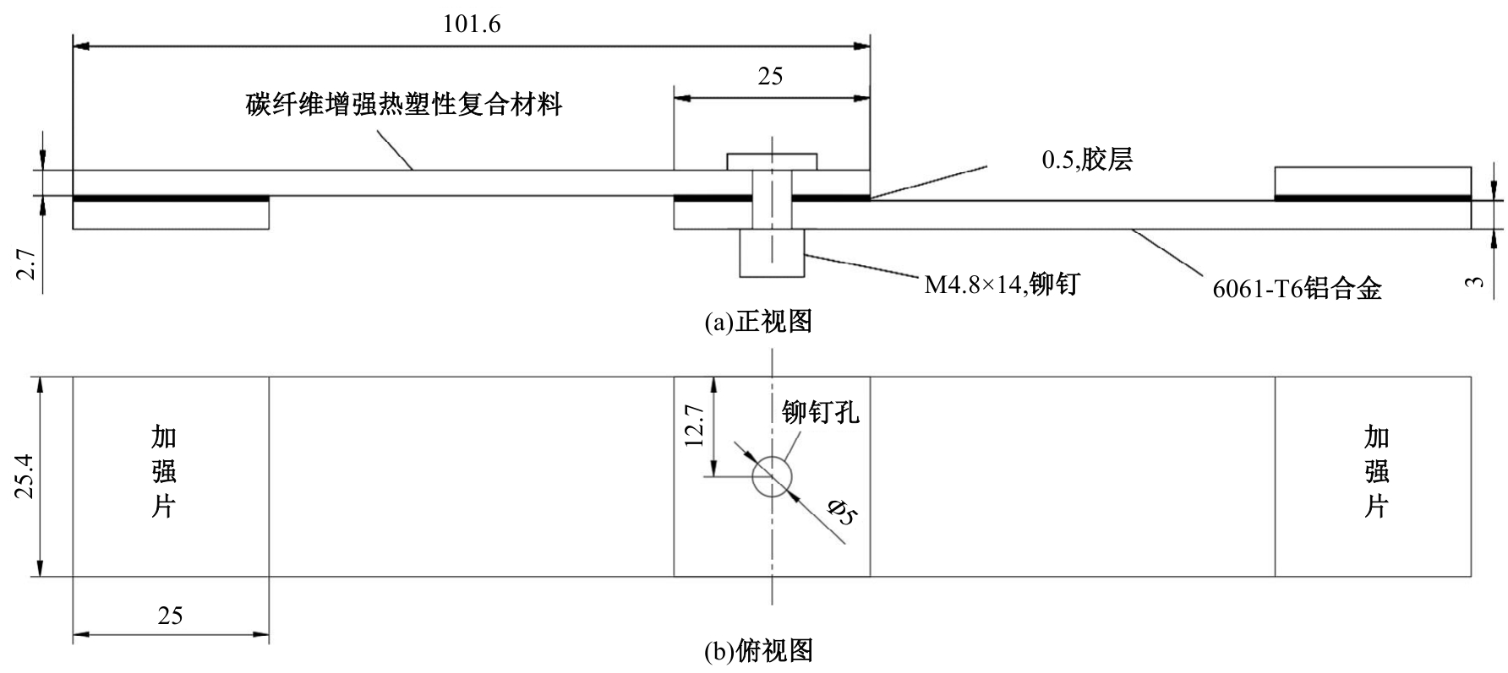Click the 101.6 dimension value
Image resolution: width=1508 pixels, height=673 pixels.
tap(472, 24)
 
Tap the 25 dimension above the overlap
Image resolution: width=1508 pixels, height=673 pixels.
tap(770, 77)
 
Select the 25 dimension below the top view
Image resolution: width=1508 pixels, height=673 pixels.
tap(170, 616)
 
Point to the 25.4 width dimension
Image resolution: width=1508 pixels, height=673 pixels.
tap(25, 476)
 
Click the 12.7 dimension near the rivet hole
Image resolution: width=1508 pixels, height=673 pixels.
tap(694, 425)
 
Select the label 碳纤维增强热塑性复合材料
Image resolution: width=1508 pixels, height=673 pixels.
tap(404, 105)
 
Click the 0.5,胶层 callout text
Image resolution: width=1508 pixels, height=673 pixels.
tap(1086, 160)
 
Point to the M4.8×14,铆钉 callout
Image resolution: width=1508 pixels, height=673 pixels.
tap(1001, 285)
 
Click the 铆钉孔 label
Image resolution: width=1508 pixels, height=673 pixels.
tap(820, 412)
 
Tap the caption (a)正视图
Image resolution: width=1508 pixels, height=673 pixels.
tap(758, 322)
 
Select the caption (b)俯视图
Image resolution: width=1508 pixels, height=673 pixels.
tap(758, 651)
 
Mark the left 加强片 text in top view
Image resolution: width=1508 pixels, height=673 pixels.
tap(163, 471)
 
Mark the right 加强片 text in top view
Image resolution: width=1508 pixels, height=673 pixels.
tap(1376, 471)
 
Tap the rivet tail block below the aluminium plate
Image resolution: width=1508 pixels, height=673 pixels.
tap(772, 252)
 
